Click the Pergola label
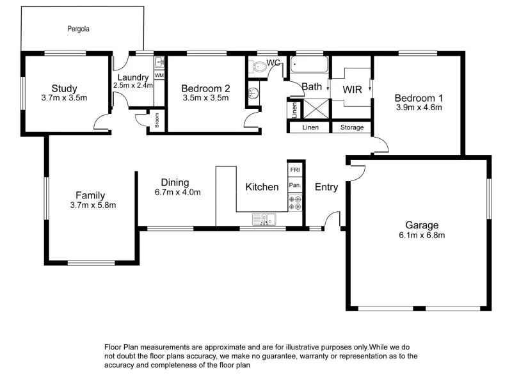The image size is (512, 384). coord(79,29)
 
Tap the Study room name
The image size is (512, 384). coord(64,88)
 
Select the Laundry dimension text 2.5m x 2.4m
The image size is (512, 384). coord(132,85)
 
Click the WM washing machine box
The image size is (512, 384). coord(159,76)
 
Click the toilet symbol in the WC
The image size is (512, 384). coord(259,66)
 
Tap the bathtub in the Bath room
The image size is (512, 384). coord(308,65)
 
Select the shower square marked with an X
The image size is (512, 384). coord(315,109)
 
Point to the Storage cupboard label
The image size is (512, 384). coord(351,127)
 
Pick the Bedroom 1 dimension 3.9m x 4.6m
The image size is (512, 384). coord(419,108)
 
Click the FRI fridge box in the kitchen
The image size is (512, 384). coord(295,170)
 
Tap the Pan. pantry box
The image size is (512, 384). coord(295,185)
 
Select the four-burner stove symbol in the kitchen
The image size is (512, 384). coord(295,202)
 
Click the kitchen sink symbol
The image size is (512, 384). coord(264,220)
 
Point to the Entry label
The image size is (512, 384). coord(326,187)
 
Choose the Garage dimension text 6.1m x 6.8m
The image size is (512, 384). coord(422,235)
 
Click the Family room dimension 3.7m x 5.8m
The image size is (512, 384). coord(90,205)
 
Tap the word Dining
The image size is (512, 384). coord(175,182)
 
